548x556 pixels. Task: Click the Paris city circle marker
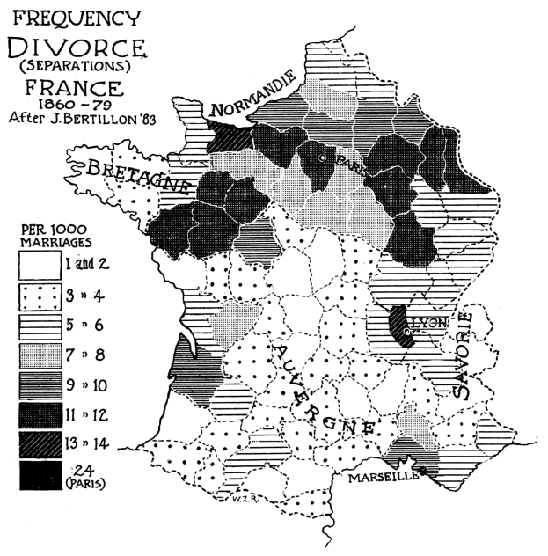click(324, 157)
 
